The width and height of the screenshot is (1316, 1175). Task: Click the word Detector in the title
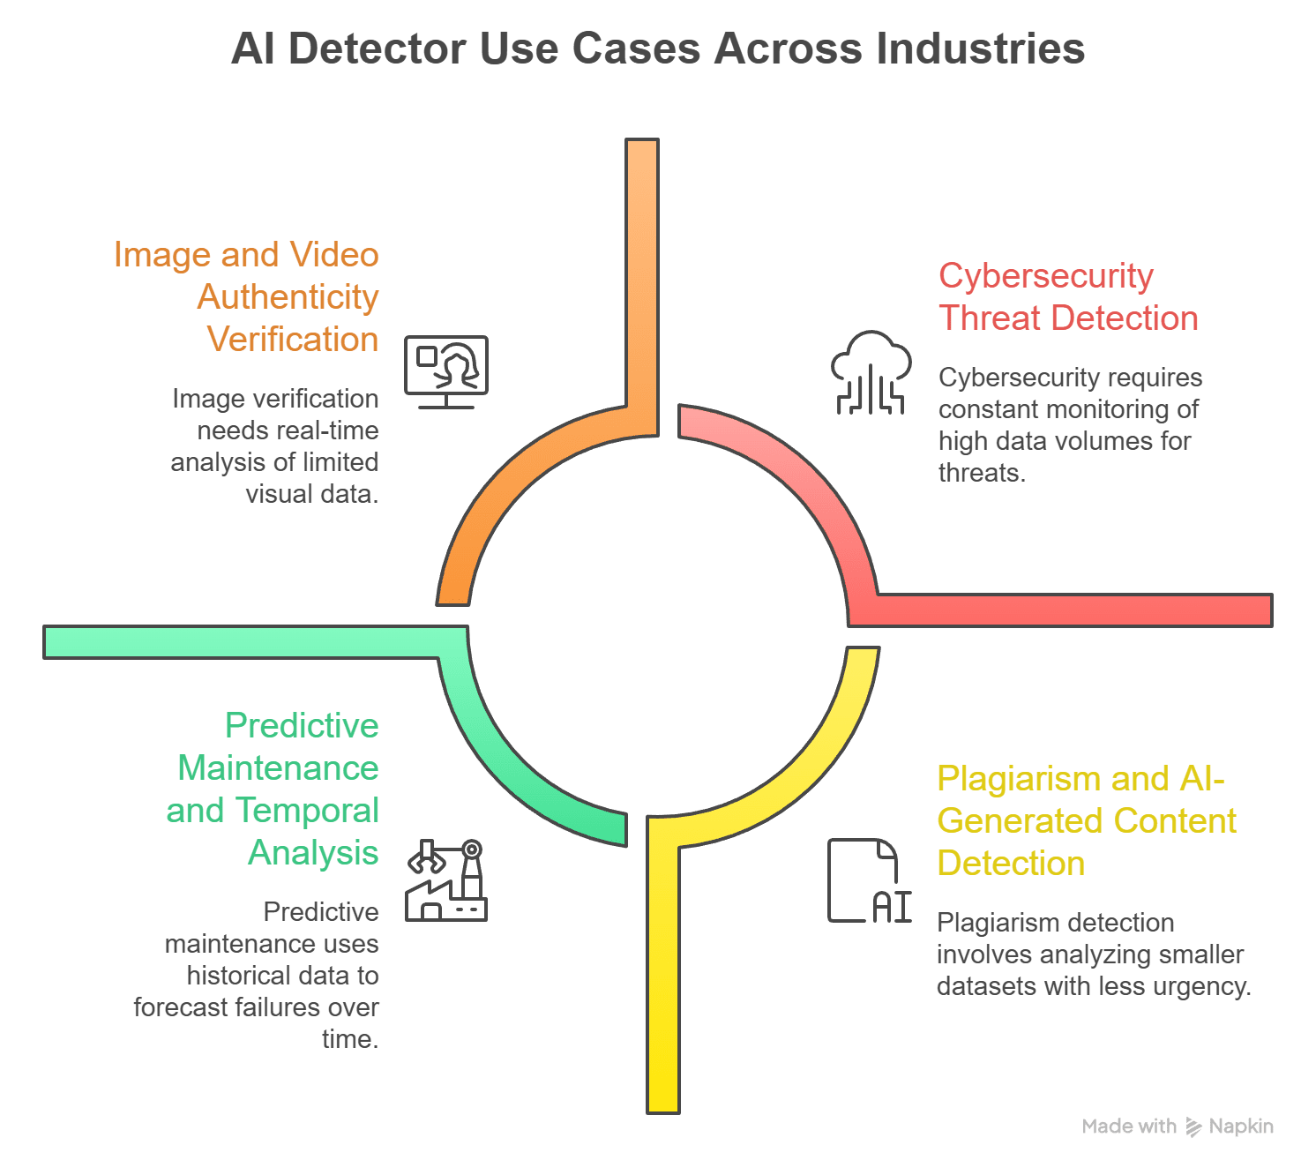(x=377, y=49)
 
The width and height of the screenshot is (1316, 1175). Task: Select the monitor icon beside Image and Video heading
(x=446, y=371)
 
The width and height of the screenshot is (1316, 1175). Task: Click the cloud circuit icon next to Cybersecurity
(x=871, y=372)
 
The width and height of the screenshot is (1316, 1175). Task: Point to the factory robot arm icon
(x=446, y=880)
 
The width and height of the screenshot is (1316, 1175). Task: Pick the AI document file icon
(x=868, y=880)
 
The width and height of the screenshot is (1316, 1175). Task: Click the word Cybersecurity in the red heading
(x=1046, y=276)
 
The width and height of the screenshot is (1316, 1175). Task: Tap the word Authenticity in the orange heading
(x=288, y=297)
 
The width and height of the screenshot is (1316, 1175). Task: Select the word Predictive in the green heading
(x=302, y=726)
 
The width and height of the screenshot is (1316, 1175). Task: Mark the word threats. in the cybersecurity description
(x=982, y=473)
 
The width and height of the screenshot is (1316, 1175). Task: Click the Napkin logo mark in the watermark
(x=1193, y=1126)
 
